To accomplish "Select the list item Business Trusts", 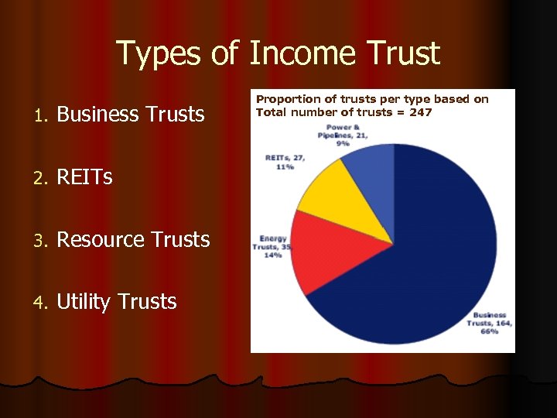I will click(131, 115).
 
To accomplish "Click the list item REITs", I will click(84, 177).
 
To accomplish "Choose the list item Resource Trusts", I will click(133, 240).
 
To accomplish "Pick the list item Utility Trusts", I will click(116, 302).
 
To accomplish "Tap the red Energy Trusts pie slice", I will click(333, 248).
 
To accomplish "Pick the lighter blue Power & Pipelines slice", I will click(371, 166).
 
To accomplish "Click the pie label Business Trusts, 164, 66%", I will click(488, 323).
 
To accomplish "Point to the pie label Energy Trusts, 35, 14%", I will click(272, 247).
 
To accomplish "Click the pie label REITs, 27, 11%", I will click(285, 162).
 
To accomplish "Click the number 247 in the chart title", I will click(420, 111).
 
